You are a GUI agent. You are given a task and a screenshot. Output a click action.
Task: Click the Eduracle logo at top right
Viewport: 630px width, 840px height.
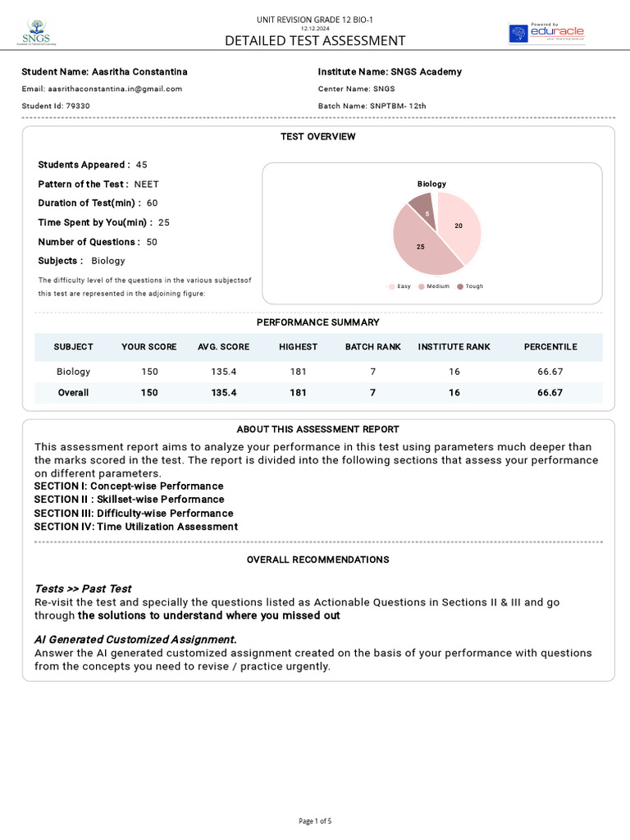546,34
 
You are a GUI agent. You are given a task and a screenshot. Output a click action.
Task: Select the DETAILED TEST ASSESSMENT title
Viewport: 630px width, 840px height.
315,41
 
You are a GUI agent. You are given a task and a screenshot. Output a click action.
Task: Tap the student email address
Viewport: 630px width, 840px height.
102,89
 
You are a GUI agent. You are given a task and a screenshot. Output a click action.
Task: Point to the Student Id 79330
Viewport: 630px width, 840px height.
56,106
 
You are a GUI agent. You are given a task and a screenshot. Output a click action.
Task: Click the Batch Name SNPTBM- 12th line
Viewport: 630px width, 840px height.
372,106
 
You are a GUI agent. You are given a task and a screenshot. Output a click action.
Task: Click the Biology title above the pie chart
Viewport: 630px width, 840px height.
431,184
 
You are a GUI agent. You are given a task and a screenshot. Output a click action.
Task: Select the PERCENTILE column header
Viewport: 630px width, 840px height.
550,347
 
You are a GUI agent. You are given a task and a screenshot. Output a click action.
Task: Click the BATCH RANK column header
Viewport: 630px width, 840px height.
372,347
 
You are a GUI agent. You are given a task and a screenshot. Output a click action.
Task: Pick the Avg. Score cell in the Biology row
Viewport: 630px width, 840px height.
223,372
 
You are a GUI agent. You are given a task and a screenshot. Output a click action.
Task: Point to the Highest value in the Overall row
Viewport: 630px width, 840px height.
298,393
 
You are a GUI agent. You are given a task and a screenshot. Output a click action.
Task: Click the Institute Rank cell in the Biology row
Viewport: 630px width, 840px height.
454,372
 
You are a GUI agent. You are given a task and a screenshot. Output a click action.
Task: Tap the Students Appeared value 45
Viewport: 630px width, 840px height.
142,165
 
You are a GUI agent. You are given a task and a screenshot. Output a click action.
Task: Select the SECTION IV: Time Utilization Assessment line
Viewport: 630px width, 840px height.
136,527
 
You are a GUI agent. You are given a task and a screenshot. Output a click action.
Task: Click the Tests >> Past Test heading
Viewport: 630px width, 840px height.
83,589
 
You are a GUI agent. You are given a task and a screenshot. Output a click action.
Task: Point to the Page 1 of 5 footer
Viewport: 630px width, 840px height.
315,820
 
